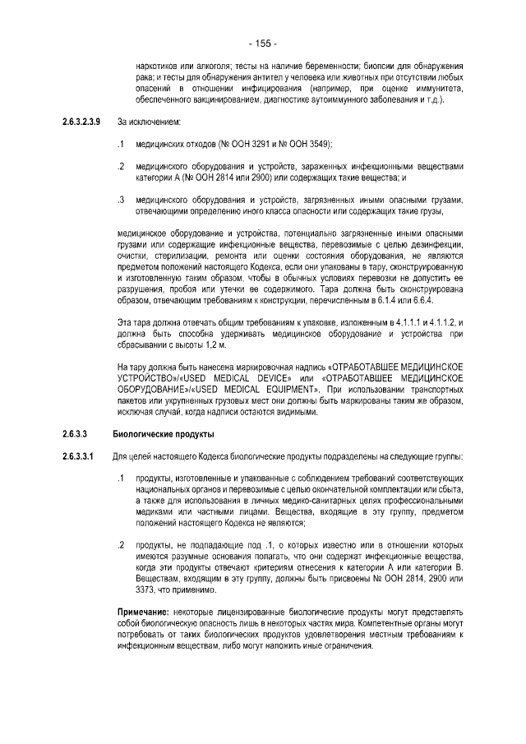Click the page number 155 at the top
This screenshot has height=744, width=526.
pos(263,43)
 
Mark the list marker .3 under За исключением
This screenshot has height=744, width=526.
pos(121,199)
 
